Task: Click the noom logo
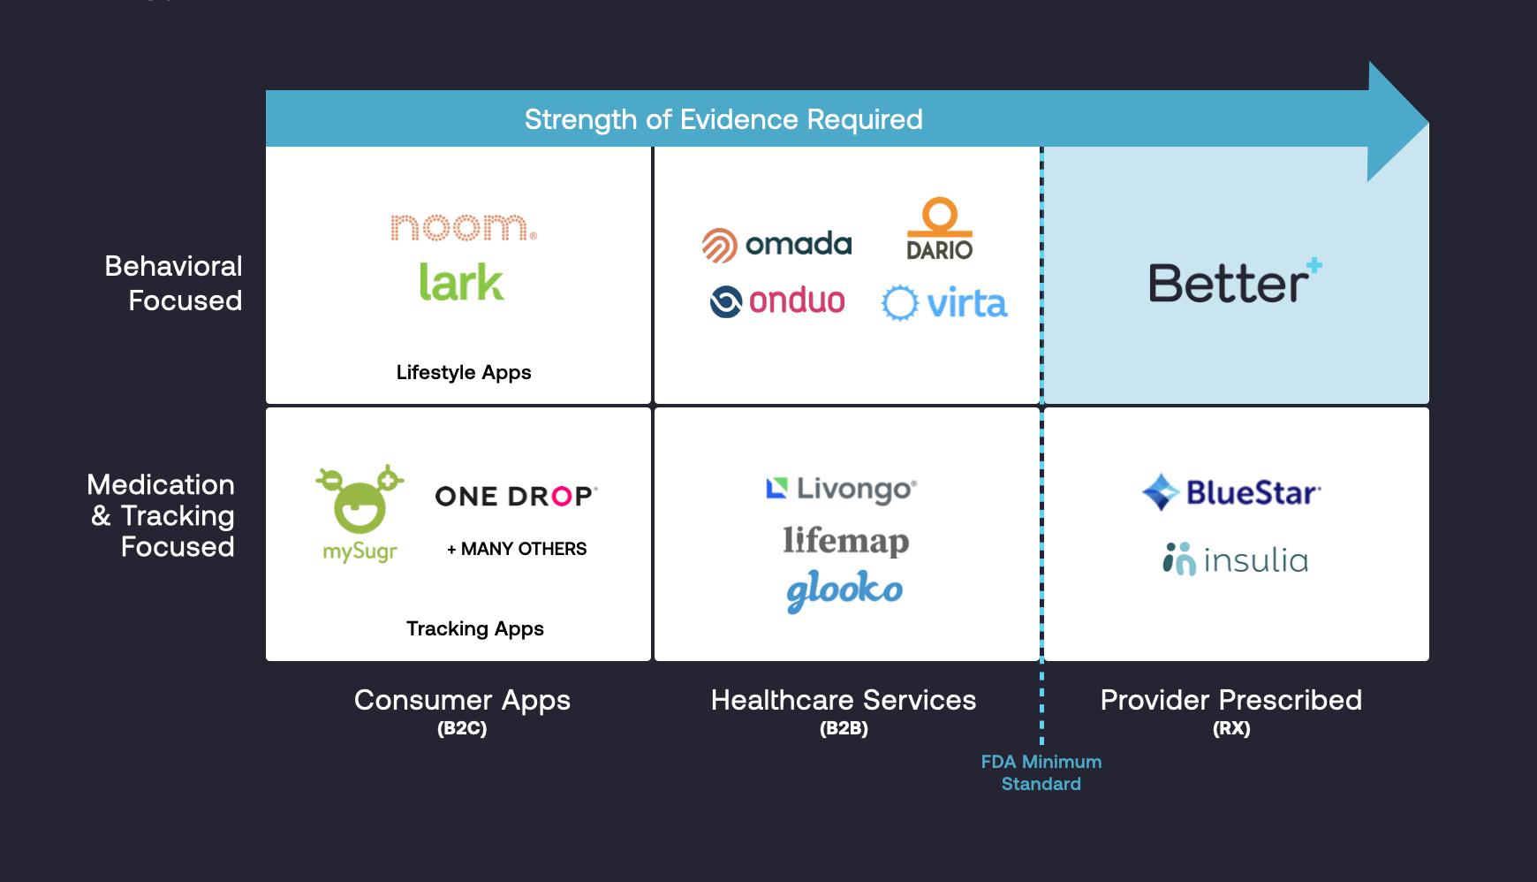pyautogui.click(x=463, y=227)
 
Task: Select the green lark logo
pyautogui.click(x=461, y=283)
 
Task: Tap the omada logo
pyautogui.click(x=776, y=245)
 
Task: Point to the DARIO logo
pyautogui.click(x=939, y=230)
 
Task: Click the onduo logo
pyautogui.click(x=777, y=301)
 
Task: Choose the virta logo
pyautogui.click(x=944, y=303)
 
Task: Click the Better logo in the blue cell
pyautogui.click(x=1234, y=282)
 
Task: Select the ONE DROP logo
pyautogui.click(x=516, y=496)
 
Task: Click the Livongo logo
pyautogui.click(x=841, y=489)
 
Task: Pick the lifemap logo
pyautogui.click(x=845, y=541)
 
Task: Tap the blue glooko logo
pyautogui.click(x=844, y=591)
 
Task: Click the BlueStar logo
pyautogui.click(x=1231, y=492)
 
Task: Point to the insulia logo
pyautogui.click(x=1235, y=559)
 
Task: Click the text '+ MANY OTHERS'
pyautogui.click(x=517, y=549)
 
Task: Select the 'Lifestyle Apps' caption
pyautogui.click(x=464, y=372)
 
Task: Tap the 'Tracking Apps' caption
pyautogui.click(x=475, y=628)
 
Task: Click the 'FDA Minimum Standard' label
pyautogui.click(x=1041, y=772)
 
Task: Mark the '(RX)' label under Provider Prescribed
pyautogui.click(x=1231, y=728)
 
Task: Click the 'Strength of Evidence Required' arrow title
pyautogui.click(x=723, y=119)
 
